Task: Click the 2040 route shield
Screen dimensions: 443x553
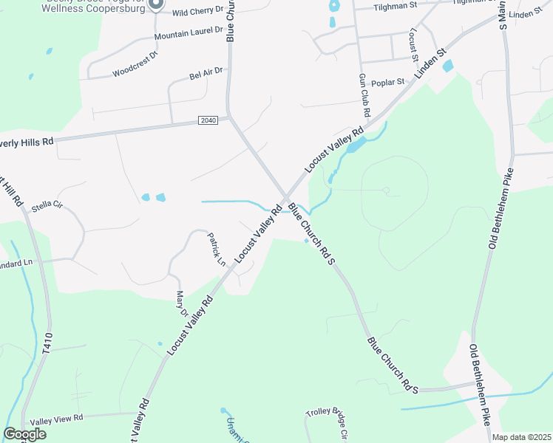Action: pos(208,120)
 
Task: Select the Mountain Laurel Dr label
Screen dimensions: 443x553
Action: pos(189,33)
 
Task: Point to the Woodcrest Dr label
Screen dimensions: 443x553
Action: pos(135,63)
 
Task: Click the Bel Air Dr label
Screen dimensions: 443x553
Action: pos(206,74)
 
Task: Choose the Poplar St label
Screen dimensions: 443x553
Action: pos(388,82)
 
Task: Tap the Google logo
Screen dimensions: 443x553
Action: pos(24,434)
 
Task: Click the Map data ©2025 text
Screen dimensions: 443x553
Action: pos(521,437)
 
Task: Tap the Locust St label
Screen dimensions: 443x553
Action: pos(414,47)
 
